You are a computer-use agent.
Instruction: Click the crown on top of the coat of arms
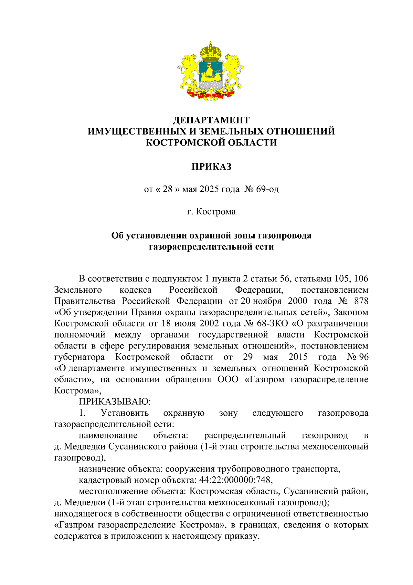[x=211, y=52]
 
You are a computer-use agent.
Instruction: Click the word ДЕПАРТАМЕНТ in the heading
[x=211, y=120]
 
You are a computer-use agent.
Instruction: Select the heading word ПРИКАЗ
[x=211, y=167]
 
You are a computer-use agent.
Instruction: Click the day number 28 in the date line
[x=168, y=189]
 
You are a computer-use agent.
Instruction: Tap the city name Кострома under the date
[x=216, y=212]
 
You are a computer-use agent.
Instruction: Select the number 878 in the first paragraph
[x=361, y=301]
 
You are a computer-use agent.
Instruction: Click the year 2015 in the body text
[x=298, y=357]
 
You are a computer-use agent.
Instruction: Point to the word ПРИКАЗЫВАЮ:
[x=115, y=402]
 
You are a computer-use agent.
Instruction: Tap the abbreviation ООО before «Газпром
[x=228, y=380]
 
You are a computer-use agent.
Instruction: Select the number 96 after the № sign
[x=363, y=357]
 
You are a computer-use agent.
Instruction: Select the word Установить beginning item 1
[x=125, y=413]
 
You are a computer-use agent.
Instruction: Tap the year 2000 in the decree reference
[x=297, y=301]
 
